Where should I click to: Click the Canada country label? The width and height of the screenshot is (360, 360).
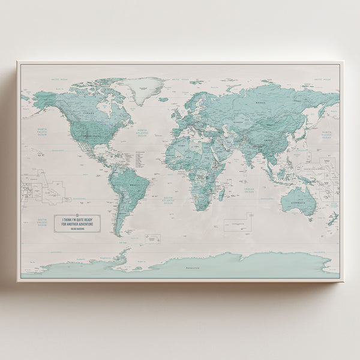tap(89, 112)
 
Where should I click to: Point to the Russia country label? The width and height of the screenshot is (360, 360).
tap(260, 103)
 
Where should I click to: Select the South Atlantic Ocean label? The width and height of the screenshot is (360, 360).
tap(168, 202)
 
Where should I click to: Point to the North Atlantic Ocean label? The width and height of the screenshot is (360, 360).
tap(142, 133)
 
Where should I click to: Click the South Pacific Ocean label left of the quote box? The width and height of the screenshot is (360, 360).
tap(41, 222)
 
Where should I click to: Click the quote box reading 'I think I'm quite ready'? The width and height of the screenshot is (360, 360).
tap(77, 223)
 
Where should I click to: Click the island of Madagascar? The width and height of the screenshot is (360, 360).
tap(221, 193)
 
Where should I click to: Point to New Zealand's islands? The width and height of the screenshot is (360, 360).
tap(332, 220)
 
